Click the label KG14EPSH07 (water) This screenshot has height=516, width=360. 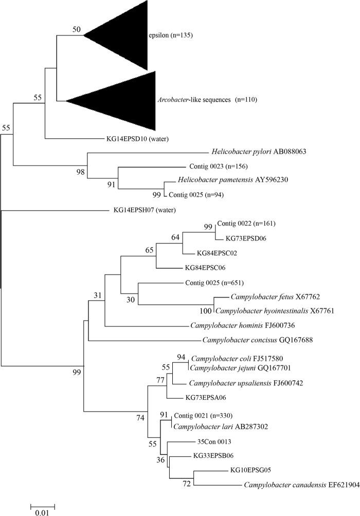pyautogui.click(x=141, y=210)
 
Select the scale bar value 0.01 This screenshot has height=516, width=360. pyautogui.click(x=43, y=512)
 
